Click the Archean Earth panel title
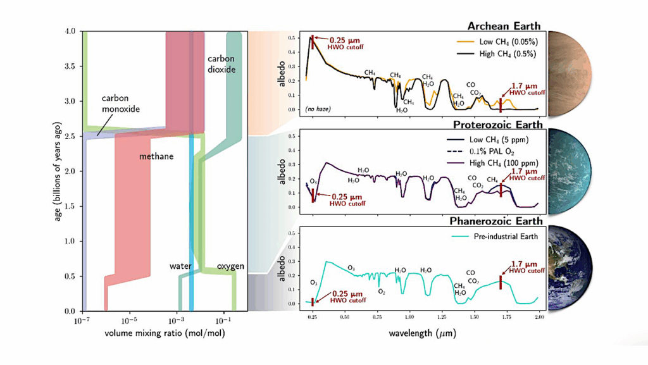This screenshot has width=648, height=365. tap(503, 26)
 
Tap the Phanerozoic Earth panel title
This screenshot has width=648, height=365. tap(496, 221)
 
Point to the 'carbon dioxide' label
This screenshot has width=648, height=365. tap(221, 63)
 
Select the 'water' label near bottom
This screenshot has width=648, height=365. tap(180, 266)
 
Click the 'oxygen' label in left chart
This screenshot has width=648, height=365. tap(231, 266)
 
